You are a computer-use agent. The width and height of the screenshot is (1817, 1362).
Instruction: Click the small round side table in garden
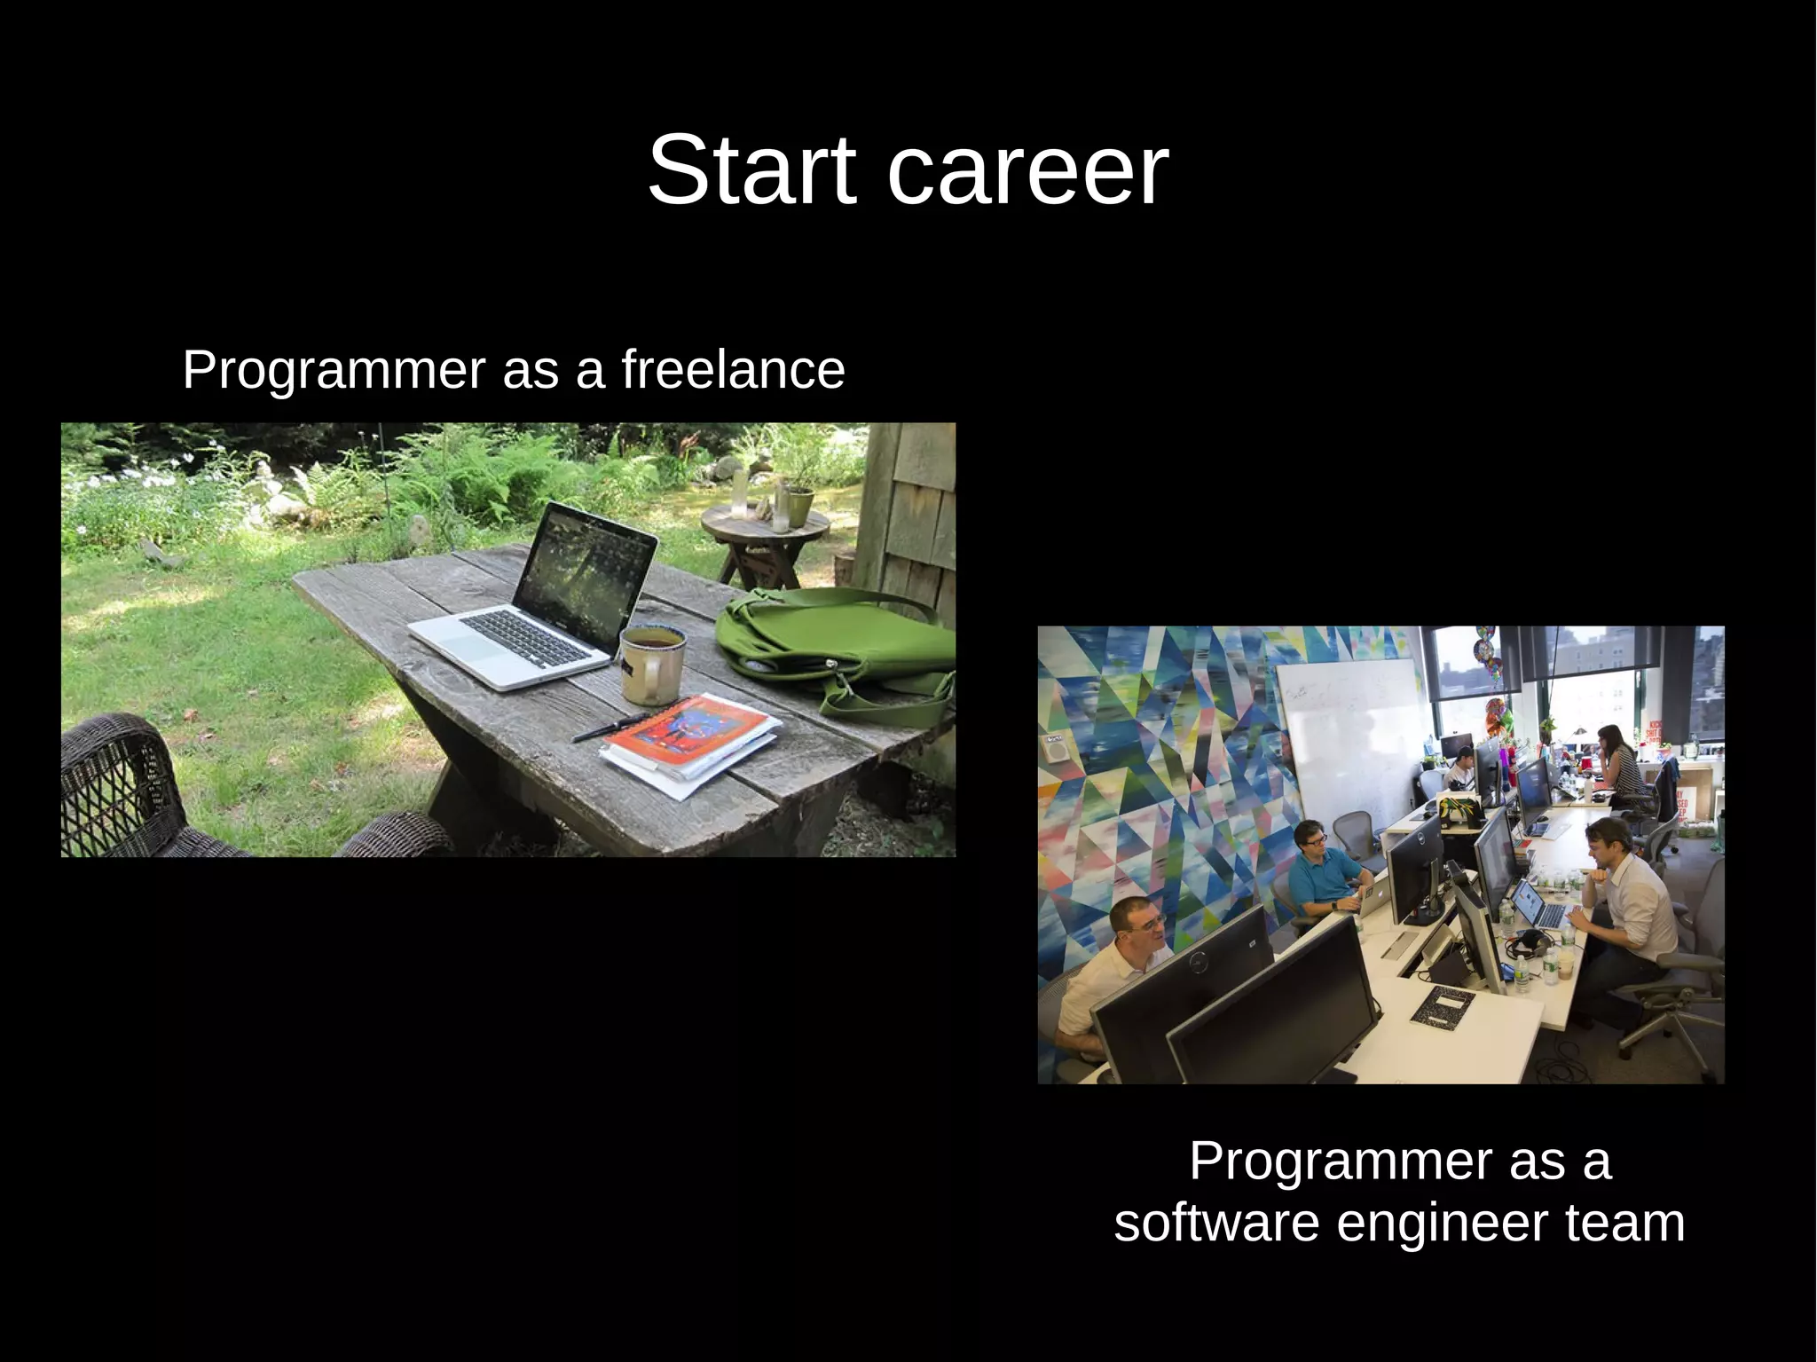[765, 532]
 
